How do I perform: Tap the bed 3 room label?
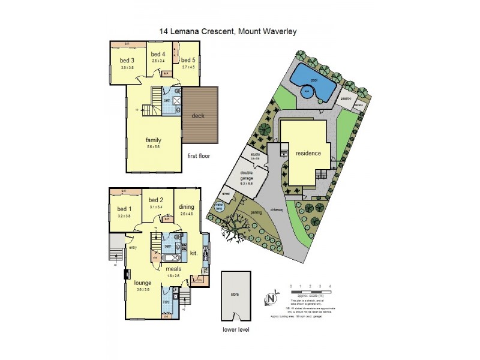coord(127,60)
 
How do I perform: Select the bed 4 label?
coord(158,55)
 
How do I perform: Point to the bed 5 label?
coord(188,60)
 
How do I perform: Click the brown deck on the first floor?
coord(200,116)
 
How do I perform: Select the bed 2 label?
coord(156,200)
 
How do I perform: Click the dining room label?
coord(187,207)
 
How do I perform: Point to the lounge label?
coord(143,282)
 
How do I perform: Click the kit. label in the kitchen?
coord(194,254)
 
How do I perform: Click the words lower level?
coord(235,329)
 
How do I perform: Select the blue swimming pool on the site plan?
coord(313,82)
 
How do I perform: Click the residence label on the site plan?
coord(308,153)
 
